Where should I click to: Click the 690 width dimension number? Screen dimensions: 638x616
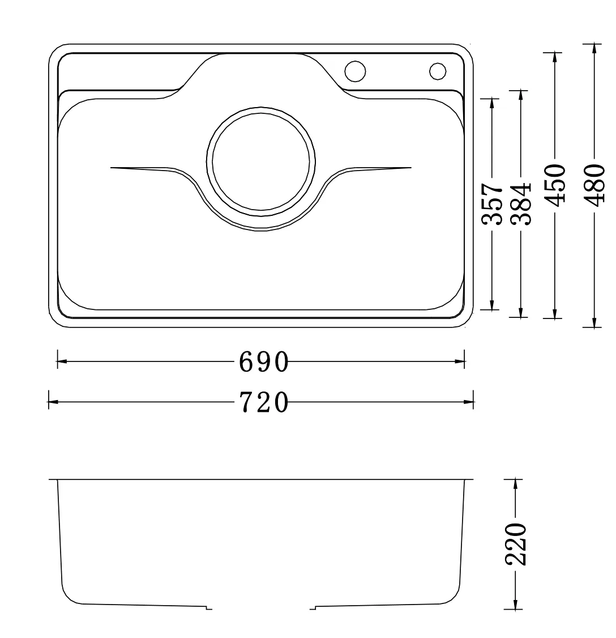[264, 361]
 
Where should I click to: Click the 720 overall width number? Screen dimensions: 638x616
[264, 403]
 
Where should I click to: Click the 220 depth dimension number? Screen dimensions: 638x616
[515, 545]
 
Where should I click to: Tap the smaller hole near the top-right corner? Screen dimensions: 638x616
[438, 71]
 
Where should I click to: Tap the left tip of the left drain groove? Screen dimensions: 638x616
[112, 168]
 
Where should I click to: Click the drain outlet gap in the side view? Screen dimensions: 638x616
[261, 608]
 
